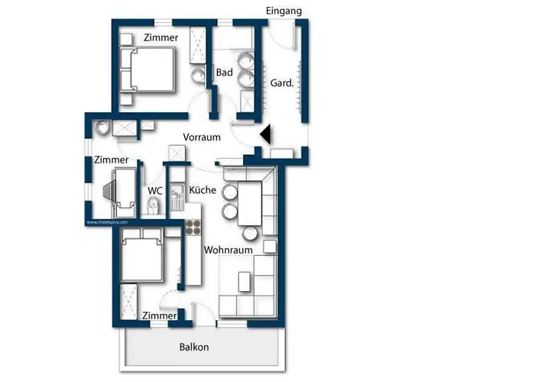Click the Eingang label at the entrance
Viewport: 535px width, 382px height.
click(284, 11)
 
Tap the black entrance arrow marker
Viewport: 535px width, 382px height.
click(266, 134)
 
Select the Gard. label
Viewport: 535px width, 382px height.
click(282, 83)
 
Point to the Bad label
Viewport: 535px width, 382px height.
click(224, 73)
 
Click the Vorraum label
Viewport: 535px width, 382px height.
click(202, 137)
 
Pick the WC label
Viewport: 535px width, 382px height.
click(155, 189)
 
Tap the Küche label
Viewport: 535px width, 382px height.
click(203, 189)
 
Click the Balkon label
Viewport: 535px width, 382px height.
click(193, 347)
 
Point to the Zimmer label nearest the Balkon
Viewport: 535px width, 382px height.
click(160, 315)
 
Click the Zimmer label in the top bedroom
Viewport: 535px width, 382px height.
click(160, 37)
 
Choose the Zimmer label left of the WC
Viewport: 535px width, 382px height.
click(112, 160)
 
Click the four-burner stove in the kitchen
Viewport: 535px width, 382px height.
click(193, 227)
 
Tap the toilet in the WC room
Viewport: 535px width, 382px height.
click(152, 205)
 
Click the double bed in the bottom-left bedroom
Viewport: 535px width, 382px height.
click(141, 257)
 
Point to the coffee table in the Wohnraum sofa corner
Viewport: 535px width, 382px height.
click(244, 282)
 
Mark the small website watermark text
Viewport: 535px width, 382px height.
click(102, 223)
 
